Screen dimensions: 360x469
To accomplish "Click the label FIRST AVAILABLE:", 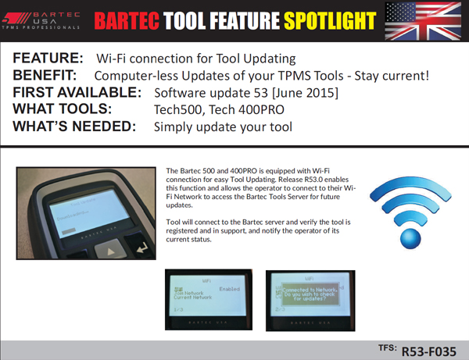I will [77, 93].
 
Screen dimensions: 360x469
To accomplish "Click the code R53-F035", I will [428, 351].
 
